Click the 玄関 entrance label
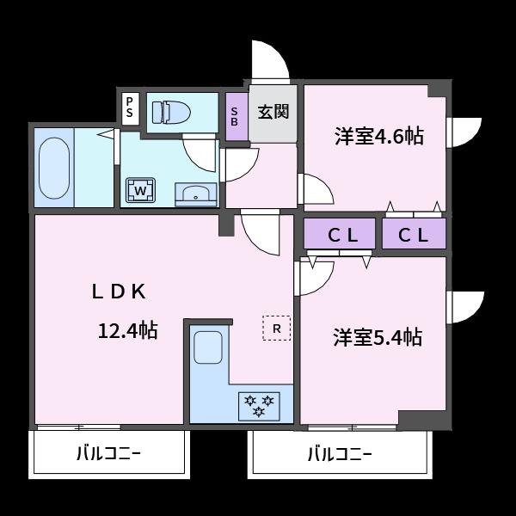[273, 112]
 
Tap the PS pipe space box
[130, 108]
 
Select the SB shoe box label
[235, 116]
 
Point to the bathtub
[54, 167]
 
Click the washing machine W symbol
[140, 188]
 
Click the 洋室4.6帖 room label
[378, 136]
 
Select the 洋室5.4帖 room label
[378, 336]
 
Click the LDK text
[120, 291]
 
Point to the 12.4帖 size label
[126, 330]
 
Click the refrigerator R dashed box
[277, 328]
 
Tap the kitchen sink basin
[209, 347]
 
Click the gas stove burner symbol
[259, 404]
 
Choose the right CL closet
[414, 234]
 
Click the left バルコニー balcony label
[109, 452]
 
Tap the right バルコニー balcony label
[340, 452]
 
